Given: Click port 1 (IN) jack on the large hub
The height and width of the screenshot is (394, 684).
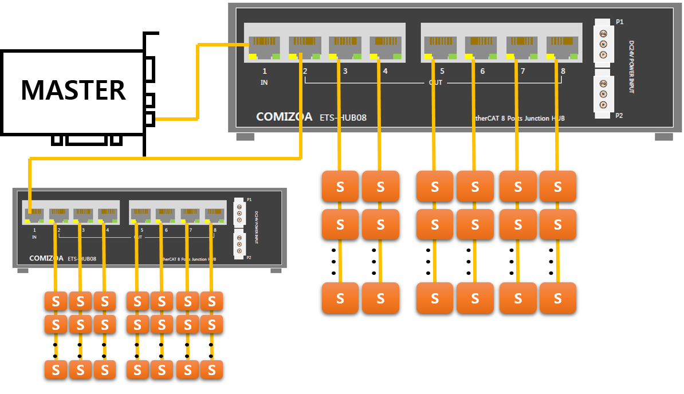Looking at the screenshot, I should [x=264, y=48].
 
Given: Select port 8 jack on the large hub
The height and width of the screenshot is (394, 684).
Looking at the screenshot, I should [x=561, y=48].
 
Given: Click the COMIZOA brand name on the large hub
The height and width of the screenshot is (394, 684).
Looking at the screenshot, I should [x=284, y=117].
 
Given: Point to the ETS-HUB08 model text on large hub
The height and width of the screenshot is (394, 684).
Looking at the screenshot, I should [x=342, y=118].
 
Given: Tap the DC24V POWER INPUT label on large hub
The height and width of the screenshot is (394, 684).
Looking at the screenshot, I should [x=632, y=66].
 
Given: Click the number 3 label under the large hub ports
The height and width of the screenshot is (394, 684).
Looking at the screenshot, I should [x=345, y=72].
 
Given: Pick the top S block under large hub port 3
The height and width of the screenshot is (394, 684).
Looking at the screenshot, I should [x=340, y=186].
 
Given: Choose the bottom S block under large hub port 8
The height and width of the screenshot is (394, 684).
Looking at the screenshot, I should [x=558, y=298].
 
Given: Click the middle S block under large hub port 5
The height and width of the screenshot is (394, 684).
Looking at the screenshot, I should [x=435, y=224].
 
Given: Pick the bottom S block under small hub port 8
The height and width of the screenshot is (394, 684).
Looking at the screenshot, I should [x=211, y=369].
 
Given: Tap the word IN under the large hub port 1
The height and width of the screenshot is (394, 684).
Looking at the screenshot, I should [x=264, y=82].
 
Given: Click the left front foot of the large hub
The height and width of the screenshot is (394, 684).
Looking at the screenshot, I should [x=245, y=137].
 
